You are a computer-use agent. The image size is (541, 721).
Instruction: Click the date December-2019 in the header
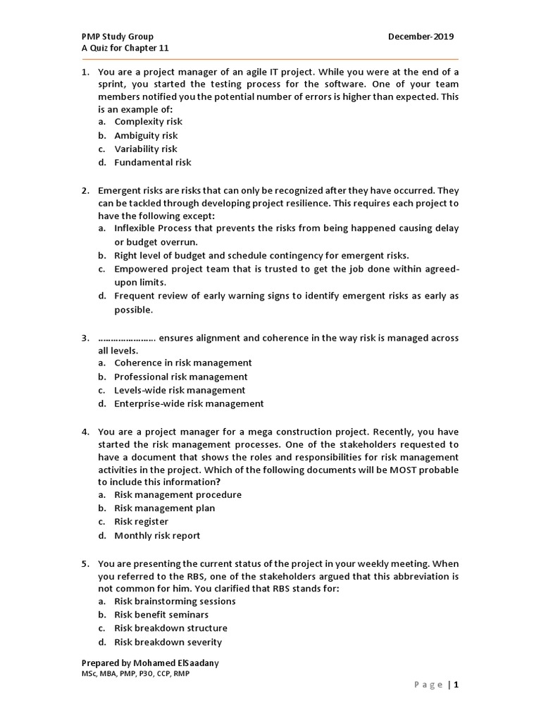421,37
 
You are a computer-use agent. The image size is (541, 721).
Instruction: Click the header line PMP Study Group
118,37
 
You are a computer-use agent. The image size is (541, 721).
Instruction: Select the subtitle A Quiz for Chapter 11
125,48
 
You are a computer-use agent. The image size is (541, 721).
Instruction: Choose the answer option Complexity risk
148,122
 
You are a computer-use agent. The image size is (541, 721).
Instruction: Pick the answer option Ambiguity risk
146,135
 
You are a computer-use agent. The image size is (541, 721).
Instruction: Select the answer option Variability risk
146,149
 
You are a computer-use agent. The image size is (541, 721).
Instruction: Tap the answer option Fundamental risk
152,162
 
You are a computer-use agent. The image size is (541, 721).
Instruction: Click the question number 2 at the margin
85,190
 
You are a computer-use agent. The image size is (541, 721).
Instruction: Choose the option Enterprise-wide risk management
189,403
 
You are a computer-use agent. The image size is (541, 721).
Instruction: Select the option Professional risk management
181,377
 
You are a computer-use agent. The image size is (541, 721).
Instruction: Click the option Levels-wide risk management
180,390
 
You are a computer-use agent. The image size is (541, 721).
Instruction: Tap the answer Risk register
141,522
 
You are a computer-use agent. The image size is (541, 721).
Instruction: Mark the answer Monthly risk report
157,535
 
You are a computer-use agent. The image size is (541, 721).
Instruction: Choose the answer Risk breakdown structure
170,628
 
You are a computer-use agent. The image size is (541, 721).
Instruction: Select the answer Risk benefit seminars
161,615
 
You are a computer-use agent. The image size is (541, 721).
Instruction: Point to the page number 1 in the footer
456,684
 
